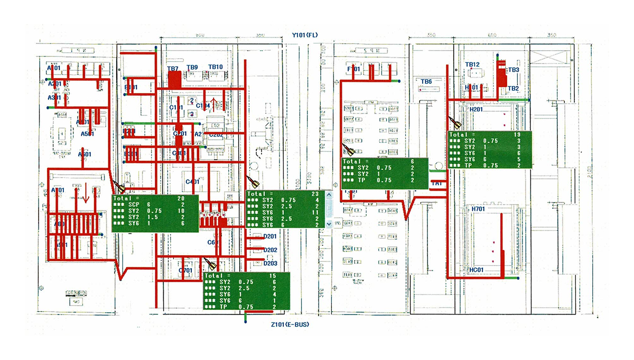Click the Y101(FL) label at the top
pyautogui.click(x=305, y=35)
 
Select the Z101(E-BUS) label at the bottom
pyautogui.click(x=289, y=325)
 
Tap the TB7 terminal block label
pyautogui.click(x=173, y=69)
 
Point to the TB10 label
pyautogui.click(x=216, y=67)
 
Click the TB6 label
pyautogui.click(x=426, y=81)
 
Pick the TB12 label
pyautogui.click(x=472, y=64)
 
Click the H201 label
pyautogui.click(x=477, y=109)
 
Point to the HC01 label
pyautogui.click(x=477, y=270)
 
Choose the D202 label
pyautogui.click(x=270, y=250)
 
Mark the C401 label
pyautogui.click(x=192, y=182)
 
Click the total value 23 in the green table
pyautogui.click(x=315, y=193)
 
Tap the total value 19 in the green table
pyautogui.click(x=517, y=135)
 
